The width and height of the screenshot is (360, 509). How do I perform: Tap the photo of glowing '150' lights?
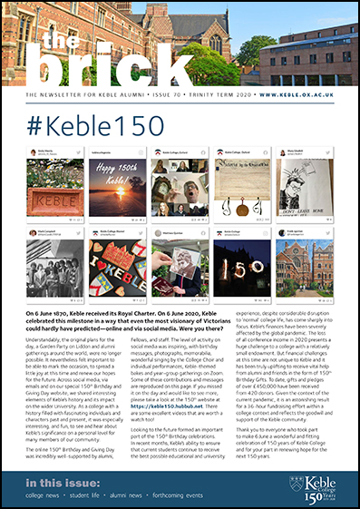coord(241,269)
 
